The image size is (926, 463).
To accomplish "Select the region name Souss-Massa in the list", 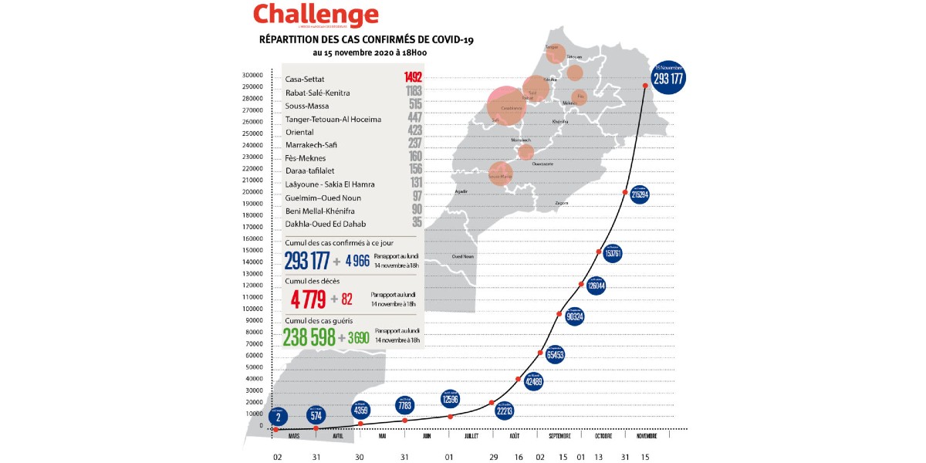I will pyautogui.click(x=306, y=106).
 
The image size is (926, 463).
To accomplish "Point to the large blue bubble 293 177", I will pyautogui.click(x=669, y=78).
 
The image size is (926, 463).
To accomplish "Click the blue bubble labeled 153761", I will pyautogui.click(x=613, y=254).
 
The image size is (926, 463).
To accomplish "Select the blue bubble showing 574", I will pyautogui.click(x=315, y=414).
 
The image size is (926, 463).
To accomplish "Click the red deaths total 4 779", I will pyautogui.click(x=308, y=299).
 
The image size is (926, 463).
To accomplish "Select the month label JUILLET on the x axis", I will pyautogui.click(x=471, y=436).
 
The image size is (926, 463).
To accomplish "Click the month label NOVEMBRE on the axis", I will pyautogui.click(x=647, y=436).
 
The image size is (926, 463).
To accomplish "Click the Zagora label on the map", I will pyautogui.click(x=561, y=203).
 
